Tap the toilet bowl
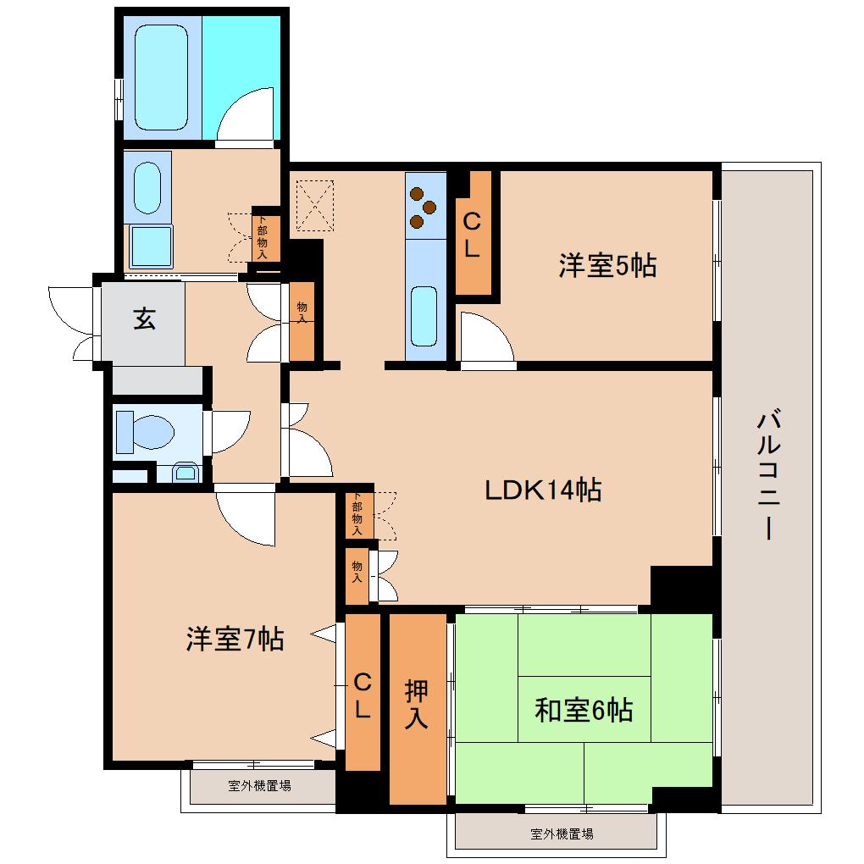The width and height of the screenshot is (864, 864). [146, 430]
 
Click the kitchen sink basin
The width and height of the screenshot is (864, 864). [424, 317]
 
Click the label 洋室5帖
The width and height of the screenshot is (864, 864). [606, 266]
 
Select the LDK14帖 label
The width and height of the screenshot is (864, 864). [542, 489]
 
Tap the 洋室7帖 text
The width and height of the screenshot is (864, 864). [235, 638]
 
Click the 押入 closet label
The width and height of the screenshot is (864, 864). [417, 705]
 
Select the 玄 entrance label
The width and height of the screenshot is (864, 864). [144, 320]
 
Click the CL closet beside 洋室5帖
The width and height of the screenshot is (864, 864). [474, 235]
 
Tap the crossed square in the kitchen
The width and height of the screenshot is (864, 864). [314, 203]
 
